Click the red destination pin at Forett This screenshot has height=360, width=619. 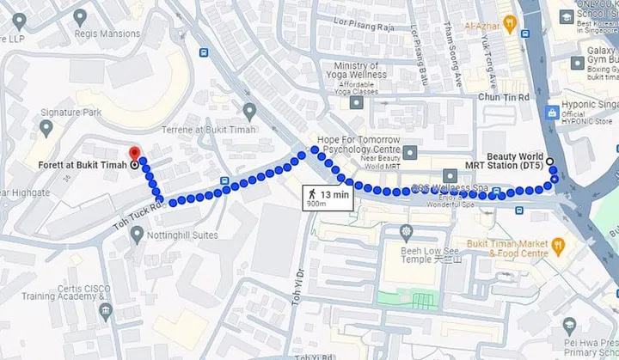coord(134,154)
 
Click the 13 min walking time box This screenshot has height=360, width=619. coord(328,198)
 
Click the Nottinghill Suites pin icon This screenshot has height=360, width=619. coord(137,234)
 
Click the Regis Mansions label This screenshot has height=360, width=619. coord(112,34)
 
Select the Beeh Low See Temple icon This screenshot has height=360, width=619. coord(406,232)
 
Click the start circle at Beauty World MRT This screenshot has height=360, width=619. coord(550,161)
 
